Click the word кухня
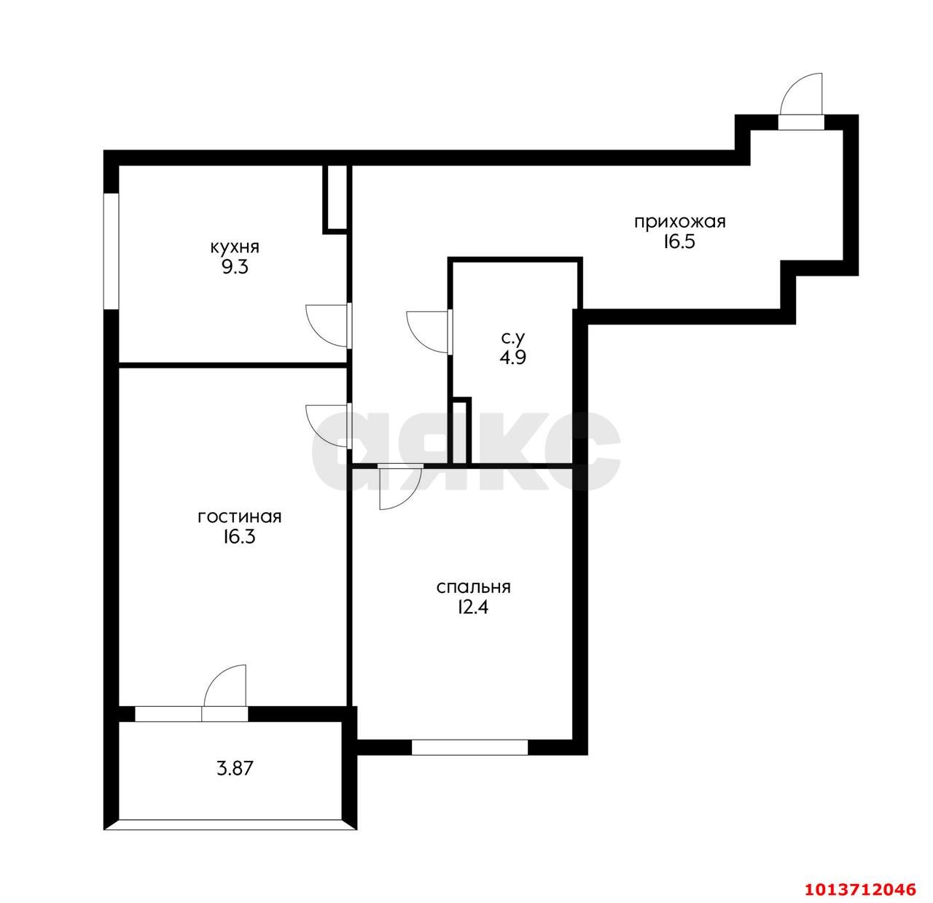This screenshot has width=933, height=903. pos(235,247)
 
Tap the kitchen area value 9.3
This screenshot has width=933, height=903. pos(235,267)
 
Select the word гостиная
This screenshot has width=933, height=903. pos(239,517)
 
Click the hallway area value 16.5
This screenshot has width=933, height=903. pos(680,242)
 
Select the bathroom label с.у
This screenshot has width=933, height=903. pos(513,338)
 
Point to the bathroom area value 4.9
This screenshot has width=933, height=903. pos(513,357)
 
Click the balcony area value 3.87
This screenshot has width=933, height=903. pos(235,768)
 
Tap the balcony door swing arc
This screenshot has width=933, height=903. pos(225,686)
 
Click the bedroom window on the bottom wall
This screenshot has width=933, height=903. pos(469,747)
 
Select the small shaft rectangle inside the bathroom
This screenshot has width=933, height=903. pos(461,430)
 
